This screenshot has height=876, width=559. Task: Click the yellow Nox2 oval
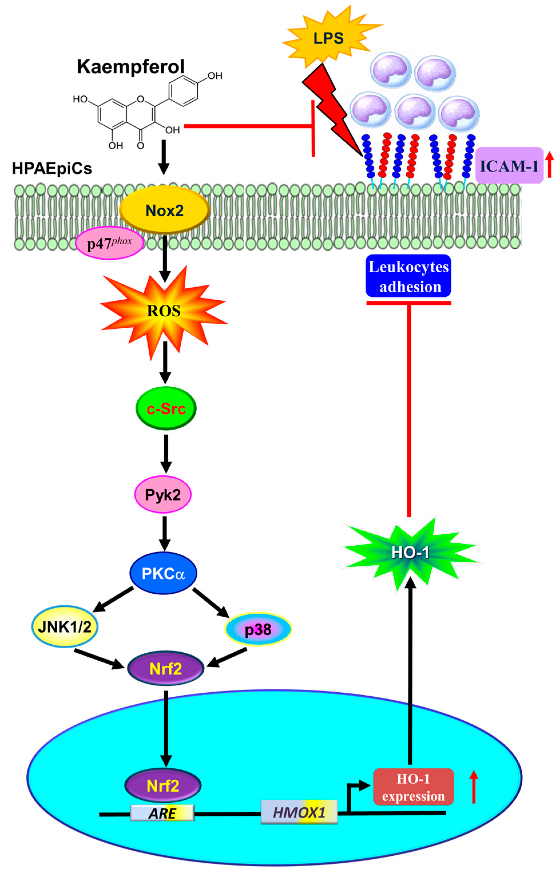(164, 210)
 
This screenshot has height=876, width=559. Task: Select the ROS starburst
(164, 311)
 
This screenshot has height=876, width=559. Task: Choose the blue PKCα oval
(163, 573)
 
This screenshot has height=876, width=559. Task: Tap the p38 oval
(258, 629)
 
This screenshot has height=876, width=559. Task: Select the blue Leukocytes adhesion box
(408, 277)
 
